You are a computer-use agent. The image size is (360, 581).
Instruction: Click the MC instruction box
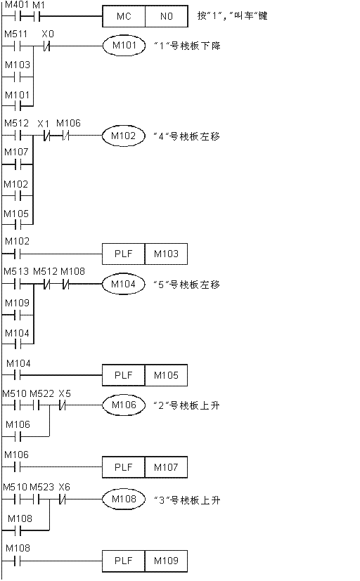point(124,16)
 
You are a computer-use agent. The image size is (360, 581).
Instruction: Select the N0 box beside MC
point(167,16)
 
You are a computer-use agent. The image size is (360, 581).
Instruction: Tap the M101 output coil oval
point(124,46)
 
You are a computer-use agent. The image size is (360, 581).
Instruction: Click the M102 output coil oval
point(124,136)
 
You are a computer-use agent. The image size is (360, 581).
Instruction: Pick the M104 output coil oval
point(124,285)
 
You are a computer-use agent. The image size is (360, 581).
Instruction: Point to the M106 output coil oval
point(124,405)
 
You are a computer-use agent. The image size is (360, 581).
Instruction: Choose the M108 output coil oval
point(124,499)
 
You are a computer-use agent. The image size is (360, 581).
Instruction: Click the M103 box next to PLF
point(166,254)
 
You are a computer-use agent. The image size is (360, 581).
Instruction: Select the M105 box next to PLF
point(166,375)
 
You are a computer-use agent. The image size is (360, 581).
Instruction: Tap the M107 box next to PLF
point(166,467)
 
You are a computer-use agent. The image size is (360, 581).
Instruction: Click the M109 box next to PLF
point(166,561)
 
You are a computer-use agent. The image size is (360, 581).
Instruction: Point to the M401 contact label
point(17,5)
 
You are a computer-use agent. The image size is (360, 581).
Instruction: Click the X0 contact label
point(48,34)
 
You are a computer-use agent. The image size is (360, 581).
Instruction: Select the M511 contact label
point(16,34)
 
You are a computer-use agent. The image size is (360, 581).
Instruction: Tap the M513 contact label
point(16,271)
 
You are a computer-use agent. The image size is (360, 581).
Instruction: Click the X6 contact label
point(64,487)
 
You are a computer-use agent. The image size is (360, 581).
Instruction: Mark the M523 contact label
point(42,487)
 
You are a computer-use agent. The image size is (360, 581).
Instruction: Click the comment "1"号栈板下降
point(187,46)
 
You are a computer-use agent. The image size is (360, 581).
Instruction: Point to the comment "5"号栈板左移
point(187,285)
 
